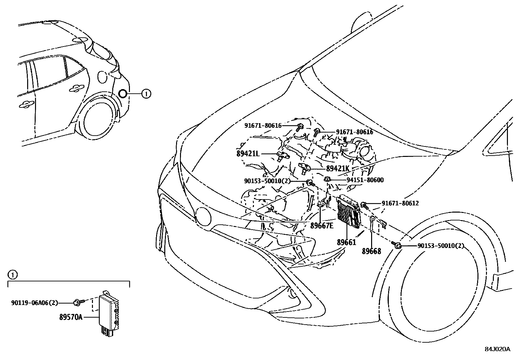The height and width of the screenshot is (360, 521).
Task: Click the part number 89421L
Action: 248,153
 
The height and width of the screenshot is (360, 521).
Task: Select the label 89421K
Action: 338,168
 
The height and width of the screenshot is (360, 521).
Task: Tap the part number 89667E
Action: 322,226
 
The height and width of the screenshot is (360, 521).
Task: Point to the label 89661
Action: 346,242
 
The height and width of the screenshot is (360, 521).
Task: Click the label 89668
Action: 371,251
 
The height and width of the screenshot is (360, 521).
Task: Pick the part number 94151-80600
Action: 365,180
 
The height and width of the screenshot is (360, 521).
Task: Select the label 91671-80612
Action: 400,203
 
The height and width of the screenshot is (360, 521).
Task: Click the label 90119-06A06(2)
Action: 34,303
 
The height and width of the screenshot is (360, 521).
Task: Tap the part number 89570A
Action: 71,317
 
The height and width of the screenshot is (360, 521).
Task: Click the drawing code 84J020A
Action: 497,349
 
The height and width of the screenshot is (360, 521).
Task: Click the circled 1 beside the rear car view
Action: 146,94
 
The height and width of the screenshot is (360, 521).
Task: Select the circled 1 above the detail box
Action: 12,275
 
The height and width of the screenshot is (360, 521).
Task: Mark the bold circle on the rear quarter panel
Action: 123,94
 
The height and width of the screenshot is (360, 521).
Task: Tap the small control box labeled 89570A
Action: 109,310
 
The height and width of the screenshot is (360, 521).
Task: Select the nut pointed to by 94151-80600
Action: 327,179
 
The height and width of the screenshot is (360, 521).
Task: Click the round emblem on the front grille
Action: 204,217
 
